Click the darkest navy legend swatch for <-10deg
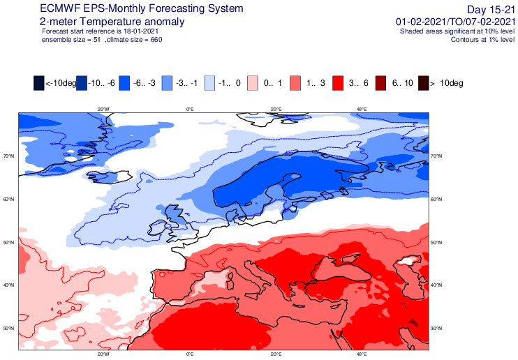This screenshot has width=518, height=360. point(38,83)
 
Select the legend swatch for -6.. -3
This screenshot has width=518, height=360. point(124,83)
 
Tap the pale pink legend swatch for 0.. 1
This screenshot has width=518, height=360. point(253,83)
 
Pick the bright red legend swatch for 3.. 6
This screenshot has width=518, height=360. point(338,83)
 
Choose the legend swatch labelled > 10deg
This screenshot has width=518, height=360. point(424,83)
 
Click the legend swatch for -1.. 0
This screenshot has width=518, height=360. point(209,83)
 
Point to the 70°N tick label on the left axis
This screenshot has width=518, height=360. point(9,156)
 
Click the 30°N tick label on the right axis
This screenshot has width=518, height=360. point(436,329)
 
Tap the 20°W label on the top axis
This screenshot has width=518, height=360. point(103,110)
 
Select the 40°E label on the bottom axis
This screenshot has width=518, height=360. point(362,354)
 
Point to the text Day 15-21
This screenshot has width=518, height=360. point(491,10)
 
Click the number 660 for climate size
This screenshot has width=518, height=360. point(156,40)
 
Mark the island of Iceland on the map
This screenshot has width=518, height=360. point(110,177)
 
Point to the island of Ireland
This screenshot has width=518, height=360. point(158,228)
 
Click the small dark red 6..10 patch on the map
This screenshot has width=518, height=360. point(413,322)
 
